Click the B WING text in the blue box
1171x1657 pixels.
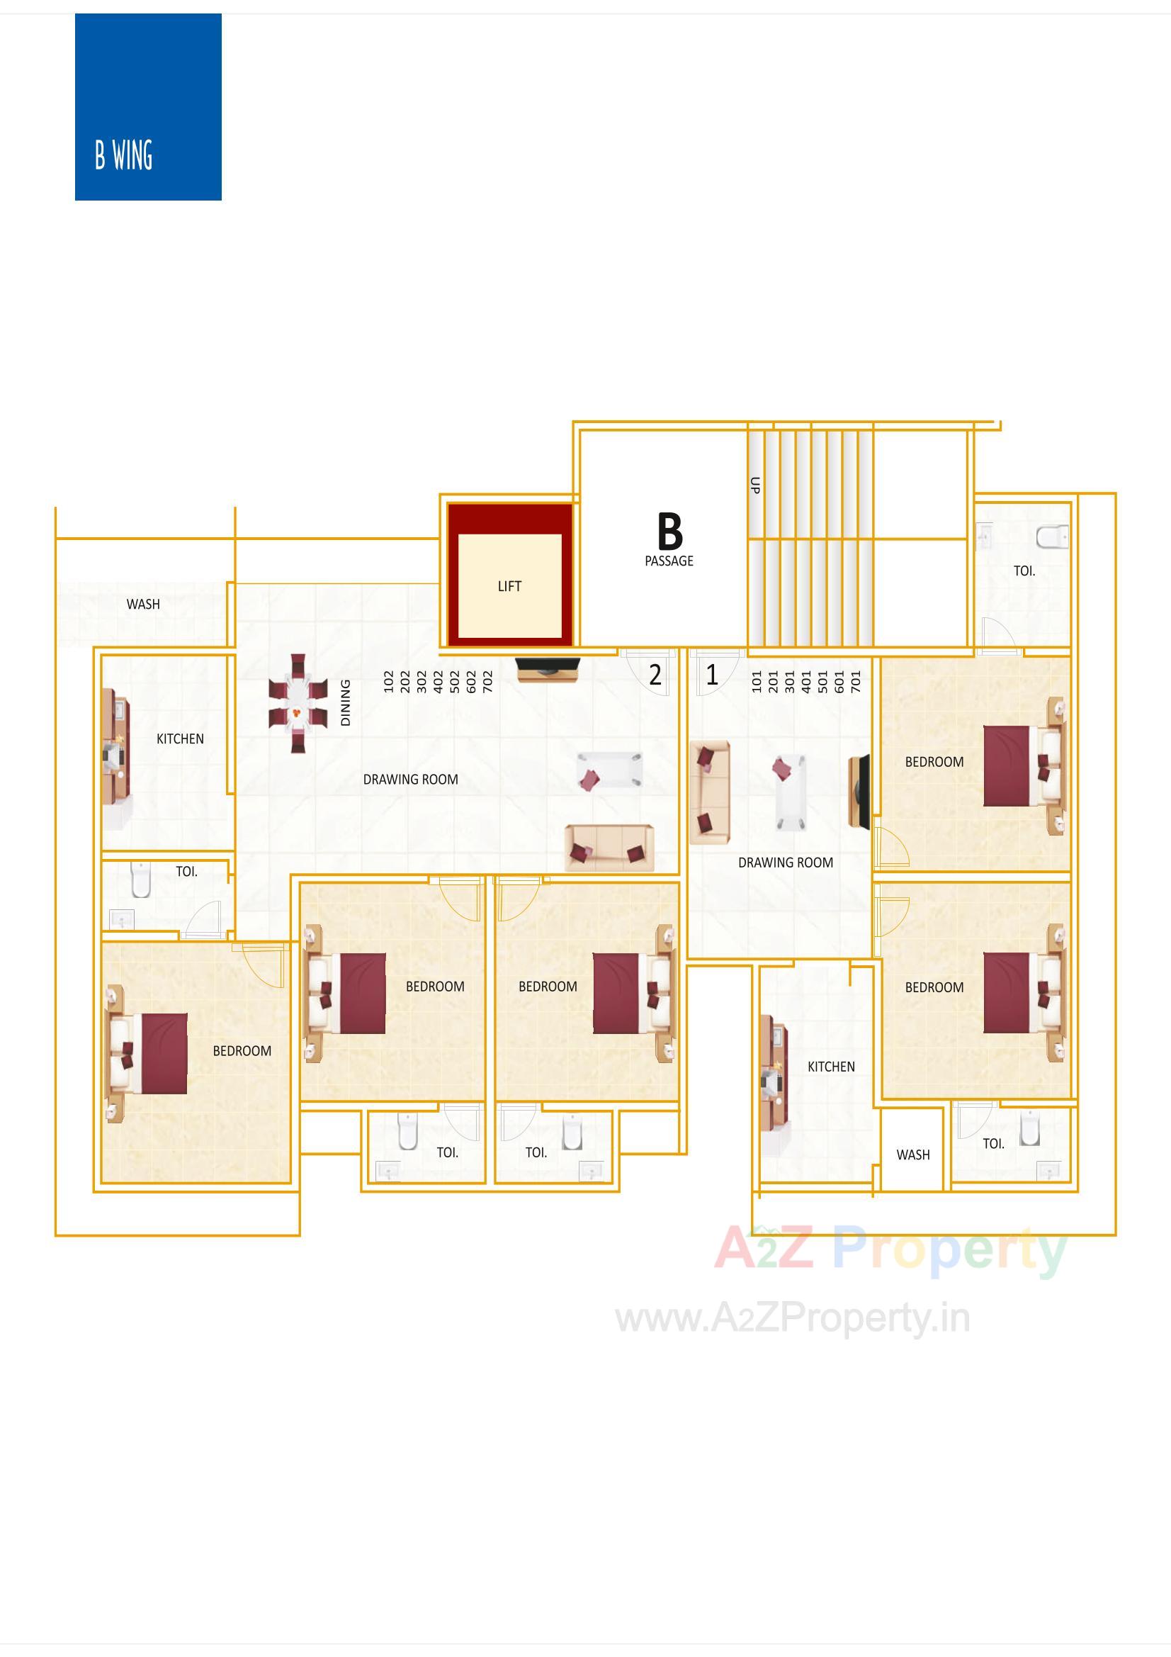click(x=123, y=155)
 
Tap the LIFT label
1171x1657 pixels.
click(x=509, y=586)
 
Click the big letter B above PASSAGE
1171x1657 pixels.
click(x=669, y=532)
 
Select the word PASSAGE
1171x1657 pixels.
click(x=669, y=561)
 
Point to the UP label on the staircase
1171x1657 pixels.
click(x=754, y=485)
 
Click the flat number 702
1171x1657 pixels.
click(x=487, y=681)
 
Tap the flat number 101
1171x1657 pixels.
click(x=757, y=681)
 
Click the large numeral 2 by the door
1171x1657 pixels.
click(x=655, y=675)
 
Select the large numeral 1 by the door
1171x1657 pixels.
click(x=712, y=675)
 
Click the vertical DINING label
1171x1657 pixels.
click(x=346, y=702)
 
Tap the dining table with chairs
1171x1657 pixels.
click(x=298, y=703)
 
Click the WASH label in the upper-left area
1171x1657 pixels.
click(x=143, y=604)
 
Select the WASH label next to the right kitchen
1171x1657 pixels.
click(x=912, y=1155)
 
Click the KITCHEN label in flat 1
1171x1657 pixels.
click(x=830, y=1067)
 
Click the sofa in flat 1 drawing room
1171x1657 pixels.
click(x=709, y=792)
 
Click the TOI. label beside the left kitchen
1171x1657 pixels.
click(x=186, y=871)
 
